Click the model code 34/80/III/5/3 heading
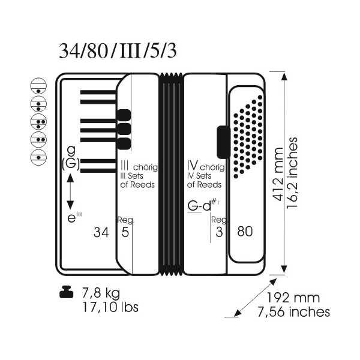(x=118, y=51)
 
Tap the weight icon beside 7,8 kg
(x=66, y=292)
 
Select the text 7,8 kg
(x=101, y=293)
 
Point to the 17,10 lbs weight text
(x=110, y=307)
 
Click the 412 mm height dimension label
(x=279, y=175)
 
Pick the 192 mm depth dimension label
(x=293, y=298)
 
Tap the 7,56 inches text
(x=293, y=312)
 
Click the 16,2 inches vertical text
(x=292, y=173)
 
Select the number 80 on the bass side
(x=245, y=232)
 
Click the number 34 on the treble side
(x=101, y=232)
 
